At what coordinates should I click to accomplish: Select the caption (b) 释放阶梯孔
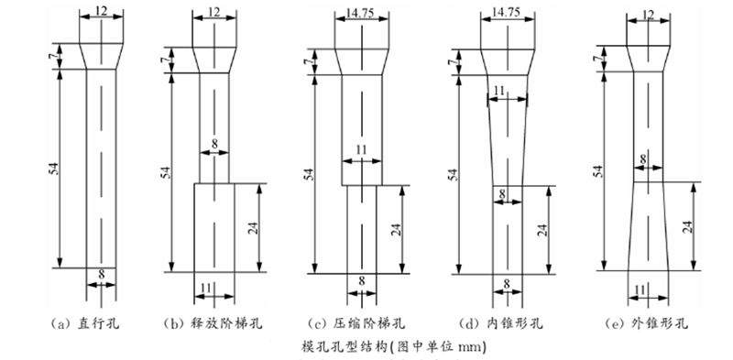[211, 323]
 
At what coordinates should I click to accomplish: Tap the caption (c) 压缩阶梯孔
[358, 323]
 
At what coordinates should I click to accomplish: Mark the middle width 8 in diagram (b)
[214, 145]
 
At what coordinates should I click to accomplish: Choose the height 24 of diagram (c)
[397, 228]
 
